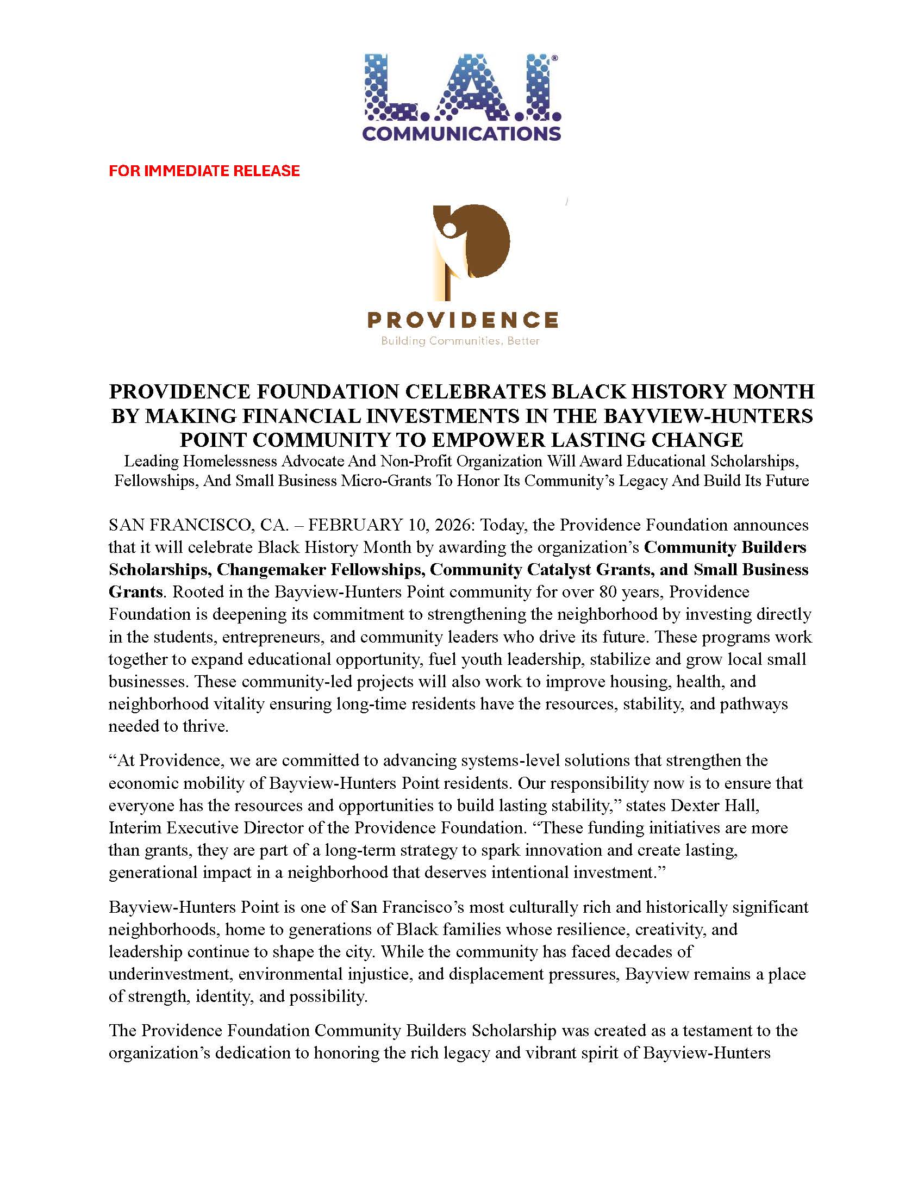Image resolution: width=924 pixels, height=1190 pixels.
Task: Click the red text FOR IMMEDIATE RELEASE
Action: coord(204,171)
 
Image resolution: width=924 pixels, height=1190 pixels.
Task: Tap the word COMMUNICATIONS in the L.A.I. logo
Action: coord(461,134)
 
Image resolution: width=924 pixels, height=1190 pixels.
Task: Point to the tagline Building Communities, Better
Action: coord(460,341)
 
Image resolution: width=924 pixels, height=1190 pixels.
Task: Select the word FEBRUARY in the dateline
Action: coord(356,525)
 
